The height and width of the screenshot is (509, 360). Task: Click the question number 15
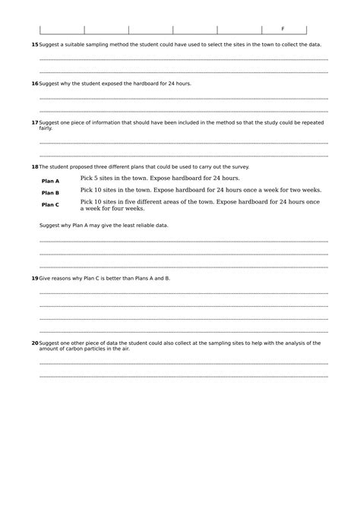34,45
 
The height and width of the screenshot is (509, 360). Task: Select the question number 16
34,83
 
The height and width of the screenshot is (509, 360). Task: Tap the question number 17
34,122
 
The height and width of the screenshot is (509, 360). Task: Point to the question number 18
34,166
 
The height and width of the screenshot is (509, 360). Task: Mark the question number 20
34,343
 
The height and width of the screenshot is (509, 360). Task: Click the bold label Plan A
50,181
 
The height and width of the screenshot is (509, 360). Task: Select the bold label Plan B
50,193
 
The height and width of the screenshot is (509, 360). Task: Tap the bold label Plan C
50,204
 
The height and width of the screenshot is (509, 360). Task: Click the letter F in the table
283,28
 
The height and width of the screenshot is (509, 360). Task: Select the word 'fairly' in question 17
46,128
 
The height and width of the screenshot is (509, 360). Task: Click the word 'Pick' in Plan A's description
87,178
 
